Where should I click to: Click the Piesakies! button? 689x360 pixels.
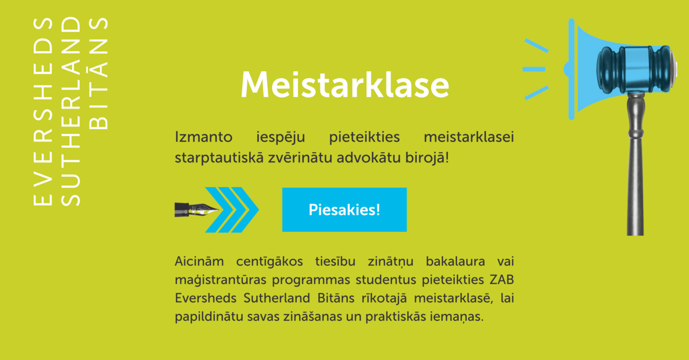click(x=344, y=210)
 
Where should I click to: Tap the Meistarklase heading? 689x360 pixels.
click(x=345, y=84)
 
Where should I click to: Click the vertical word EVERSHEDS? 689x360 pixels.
click(x=42, y=111)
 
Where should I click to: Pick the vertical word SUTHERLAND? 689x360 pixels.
click(x=71, y=111)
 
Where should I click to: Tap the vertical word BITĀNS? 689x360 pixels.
click(x=98, y=73)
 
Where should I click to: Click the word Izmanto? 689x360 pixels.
click(x=204, y=137)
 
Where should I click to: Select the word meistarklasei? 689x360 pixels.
click(x=469, y=137)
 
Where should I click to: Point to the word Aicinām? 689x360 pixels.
click(x=199, y=262)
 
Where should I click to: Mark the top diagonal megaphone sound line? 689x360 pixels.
click(x=536, y=45)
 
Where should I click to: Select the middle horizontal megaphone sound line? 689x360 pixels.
click(x=534, y=69)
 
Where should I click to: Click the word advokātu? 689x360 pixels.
click(x=369, y=158)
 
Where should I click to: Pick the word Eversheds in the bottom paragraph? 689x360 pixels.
click(x=206, y=298)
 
